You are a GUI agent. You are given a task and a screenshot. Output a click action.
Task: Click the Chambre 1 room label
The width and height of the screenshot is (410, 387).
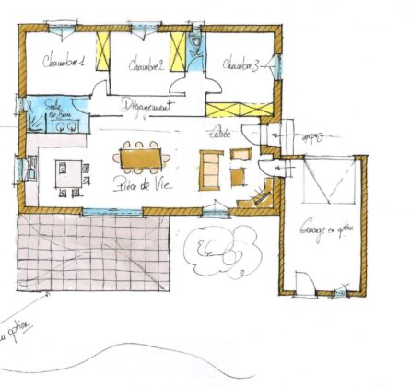coord(64,63)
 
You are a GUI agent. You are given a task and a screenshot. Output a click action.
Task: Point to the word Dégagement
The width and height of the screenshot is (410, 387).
coord(147,105)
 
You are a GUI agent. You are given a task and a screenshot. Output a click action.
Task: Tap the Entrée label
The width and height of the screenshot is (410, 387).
coord(220,135)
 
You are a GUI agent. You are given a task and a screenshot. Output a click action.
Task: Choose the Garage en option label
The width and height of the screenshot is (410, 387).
coord(317,233)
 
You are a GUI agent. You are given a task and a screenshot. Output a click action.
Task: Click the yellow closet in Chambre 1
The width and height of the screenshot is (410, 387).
coord(104,54)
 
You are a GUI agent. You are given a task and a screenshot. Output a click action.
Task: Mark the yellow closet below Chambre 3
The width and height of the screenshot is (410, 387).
coord(252,110)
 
